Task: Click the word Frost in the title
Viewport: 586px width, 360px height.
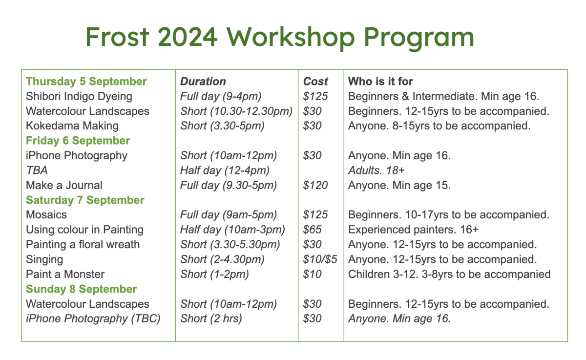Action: pyautogui.click(x=118, y=37)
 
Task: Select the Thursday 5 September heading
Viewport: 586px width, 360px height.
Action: pyautogui.click(x=86, y=82)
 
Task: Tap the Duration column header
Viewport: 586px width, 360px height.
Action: pyautogui.click(x=203, y=82)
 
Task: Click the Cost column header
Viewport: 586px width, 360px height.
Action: pyautogui.click(x=315, y=82)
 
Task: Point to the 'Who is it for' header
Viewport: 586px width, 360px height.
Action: pyautogui.click(x=380, y=82)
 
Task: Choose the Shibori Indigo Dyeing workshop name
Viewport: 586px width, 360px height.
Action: pyautogui.click(x=79, y=97)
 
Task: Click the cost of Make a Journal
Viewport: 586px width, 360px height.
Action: pyautogui.click(x=315, y=185)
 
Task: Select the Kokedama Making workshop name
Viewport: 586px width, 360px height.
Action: pyautogui.click(x=72, y=126)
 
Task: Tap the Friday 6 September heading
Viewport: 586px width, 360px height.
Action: pyautogui.click(x=78, y=141)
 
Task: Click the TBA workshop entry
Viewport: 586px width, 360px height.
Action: pyautogui.click(x=37, y=170)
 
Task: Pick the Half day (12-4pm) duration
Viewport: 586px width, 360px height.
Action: pyautogui.click(x=225, y=170)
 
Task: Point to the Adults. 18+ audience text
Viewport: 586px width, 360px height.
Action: pyautogui.click(x=376, y=170)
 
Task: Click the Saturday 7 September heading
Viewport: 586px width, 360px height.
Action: pyautogui.click(x=85, y=200)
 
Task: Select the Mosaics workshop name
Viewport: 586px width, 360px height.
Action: pyautogui.click(x=46, y=215)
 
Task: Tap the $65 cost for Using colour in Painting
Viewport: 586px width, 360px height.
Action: pyautogui.click(x=312, y=230)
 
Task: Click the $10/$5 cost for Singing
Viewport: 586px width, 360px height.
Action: pyautogui.click(x=320, y=259)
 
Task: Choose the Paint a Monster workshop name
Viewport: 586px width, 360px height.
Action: pyautogui.click(x=65, y=274)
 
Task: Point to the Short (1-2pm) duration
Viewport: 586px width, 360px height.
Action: pyautogui.click(x=214, y=275)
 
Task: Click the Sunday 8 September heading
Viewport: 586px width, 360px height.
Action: pyautogui.click(x=82, y=289)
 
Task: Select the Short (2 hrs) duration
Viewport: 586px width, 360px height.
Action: pyautogui.click(x=211, y=318)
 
